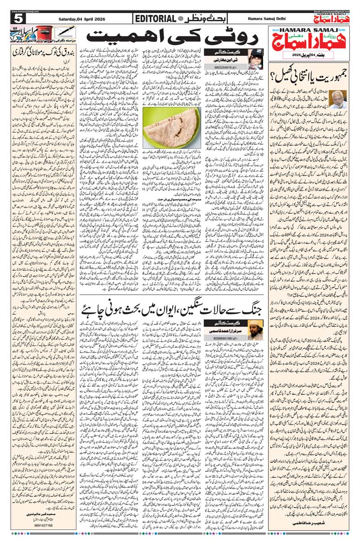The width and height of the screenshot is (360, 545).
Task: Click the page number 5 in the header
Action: coord(18,18)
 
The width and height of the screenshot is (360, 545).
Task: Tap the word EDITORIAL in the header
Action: coord(154,18)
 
